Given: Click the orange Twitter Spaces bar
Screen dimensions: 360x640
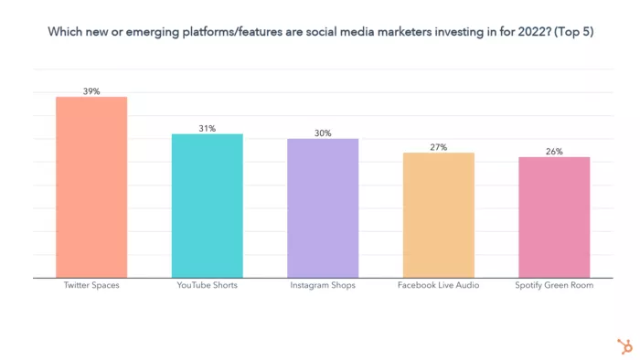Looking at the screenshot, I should point(91,187).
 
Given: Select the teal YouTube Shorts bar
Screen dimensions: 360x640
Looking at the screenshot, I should point(208,206).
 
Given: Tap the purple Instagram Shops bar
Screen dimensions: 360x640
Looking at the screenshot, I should point(323,208).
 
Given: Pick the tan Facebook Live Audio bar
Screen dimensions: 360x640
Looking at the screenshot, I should point(438,215).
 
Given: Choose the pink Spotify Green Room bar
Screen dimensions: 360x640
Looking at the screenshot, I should point(554,217).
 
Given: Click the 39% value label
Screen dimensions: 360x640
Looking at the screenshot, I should point(91,91).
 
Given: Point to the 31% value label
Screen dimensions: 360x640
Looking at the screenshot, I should point(208,129).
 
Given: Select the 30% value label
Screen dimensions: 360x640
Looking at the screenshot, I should point(323,133).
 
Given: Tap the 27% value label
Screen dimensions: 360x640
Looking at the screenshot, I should point(438,147).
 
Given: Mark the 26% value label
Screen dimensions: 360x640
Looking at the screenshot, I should point(554,152).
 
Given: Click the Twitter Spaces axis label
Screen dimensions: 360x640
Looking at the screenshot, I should point(91,286).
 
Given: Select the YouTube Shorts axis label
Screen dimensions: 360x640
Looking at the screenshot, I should point(208,286).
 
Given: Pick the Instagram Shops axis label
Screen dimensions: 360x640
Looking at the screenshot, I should point(323,286).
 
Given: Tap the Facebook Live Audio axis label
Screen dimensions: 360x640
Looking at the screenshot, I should point(438,286).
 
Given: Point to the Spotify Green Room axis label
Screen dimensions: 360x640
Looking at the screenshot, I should point(554,286).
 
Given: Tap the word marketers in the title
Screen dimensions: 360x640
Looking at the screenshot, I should point(373,32).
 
